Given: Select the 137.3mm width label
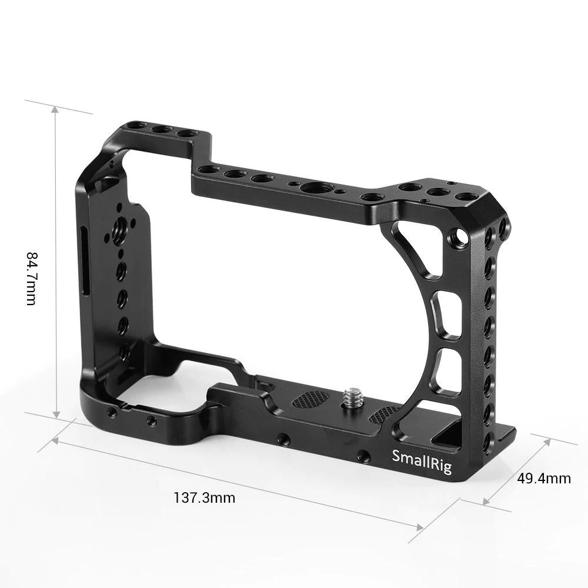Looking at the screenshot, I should [x=204, y=498].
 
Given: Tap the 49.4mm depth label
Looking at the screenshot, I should [x=544, y=478].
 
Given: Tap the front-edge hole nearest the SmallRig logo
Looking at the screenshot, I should [x=363, y=455].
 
